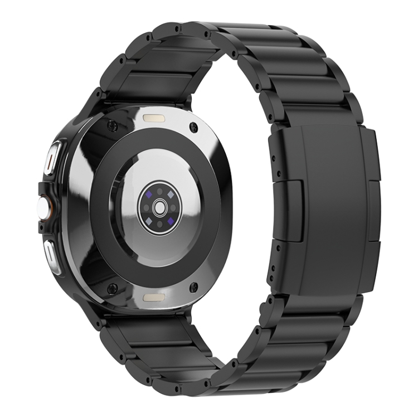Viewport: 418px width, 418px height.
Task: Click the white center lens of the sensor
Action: click(161, 207)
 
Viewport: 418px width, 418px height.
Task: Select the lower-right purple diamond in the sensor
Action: click(171, 220)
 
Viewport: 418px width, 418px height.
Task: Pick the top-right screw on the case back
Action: click(193, 127)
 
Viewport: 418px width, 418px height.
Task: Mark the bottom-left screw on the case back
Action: click(112, 288)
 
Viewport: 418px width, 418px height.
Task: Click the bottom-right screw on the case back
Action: click(193, 288)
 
